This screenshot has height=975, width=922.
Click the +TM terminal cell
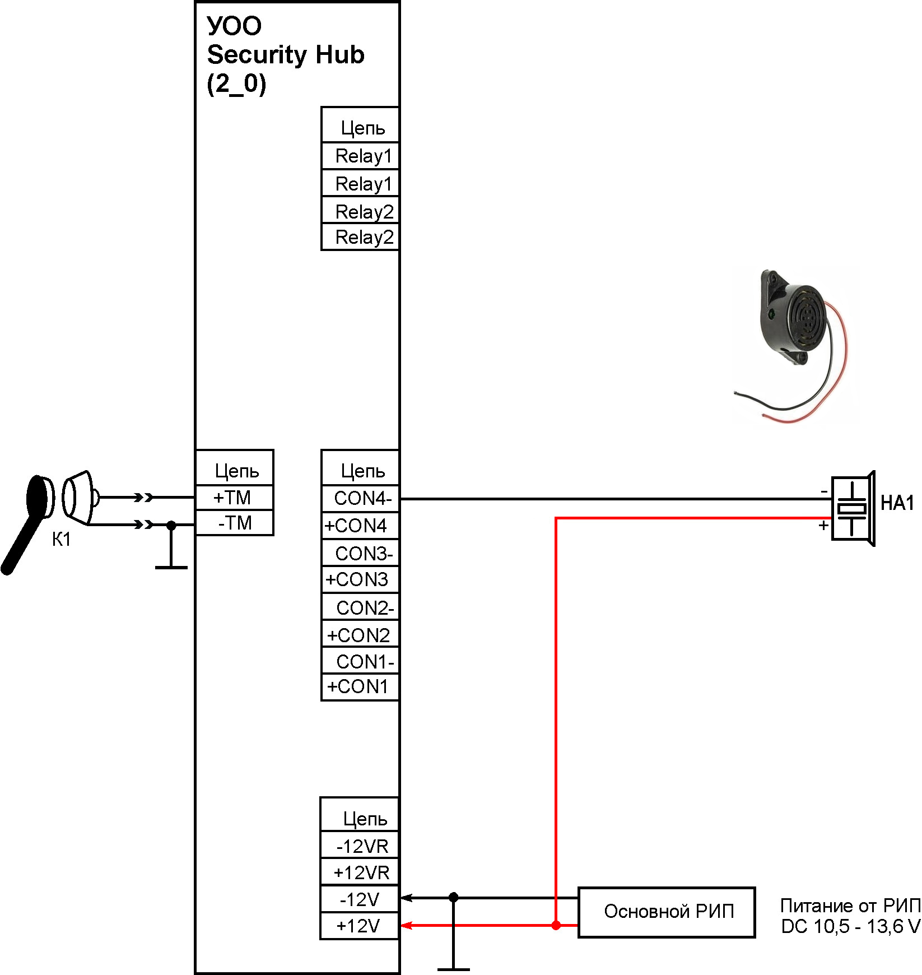pyautogui.click(x=234, y=497)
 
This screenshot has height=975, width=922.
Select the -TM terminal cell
pyautogui.click(x=234, y=523)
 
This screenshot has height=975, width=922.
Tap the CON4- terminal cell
pyautogui.click(x=360, y=498)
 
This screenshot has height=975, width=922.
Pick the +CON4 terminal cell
pyautogui.click(x=360, y=526)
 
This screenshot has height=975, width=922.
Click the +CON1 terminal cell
pyautogui.click(x=360, y=686)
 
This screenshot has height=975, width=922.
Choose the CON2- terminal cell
pyautogui.click(x=360, y=607)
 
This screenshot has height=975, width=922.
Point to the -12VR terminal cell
pyautogui.click(x=360, y=846)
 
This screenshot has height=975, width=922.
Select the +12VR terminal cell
pyautogui.click(x=360, y=872)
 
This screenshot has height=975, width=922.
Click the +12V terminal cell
pyautogui.click(x=360, y=926)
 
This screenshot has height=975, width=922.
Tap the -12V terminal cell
pyautogui.click(x=360, y=899)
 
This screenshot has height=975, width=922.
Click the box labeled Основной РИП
pyautogui.click(x=667, y=912)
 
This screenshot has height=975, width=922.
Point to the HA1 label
pyautogui.click(x=897, y=503)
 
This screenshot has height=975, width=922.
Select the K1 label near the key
pyautogui.click(x=61, y=540)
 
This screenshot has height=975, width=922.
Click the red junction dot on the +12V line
pyautogui.click(x=556, y=925)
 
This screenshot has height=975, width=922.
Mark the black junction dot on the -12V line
pyautogui.click(x=454, y=898)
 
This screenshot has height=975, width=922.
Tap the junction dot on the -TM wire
pyautogui.click(x=171, y=525)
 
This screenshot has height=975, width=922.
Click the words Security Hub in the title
pyautogui.click(x=286, y=55)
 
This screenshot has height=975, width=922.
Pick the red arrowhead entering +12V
pyautogui.click(x=407, y=925)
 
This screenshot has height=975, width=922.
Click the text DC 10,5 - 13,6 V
pyautogui.click(x=850, y=927)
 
